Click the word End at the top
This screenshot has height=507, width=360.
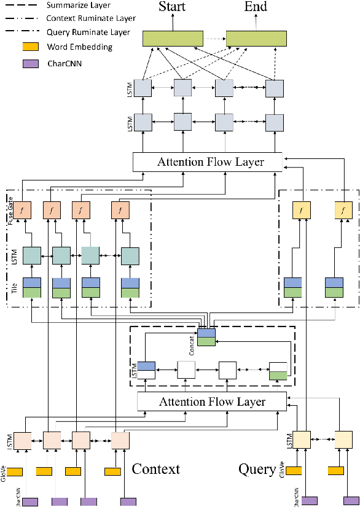click(x=256, y=7)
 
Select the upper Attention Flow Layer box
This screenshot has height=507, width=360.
click(x=207, y=162)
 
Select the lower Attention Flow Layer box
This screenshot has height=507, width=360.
click(x=211, y=402)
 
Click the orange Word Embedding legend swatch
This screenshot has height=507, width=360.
click(x=31, y=47)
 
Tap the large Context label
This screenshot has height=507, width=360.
click(x=156, y=469)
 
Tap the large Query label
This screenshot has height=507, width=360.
click(x=256, y=469)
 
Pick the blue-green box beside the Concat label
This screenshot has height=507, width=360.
click(x=206, y=337)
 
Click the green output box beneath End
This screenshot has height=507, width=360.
click(x=256, y=37)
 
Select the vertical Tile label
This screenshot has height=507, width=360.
click(x=13, y=287)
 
